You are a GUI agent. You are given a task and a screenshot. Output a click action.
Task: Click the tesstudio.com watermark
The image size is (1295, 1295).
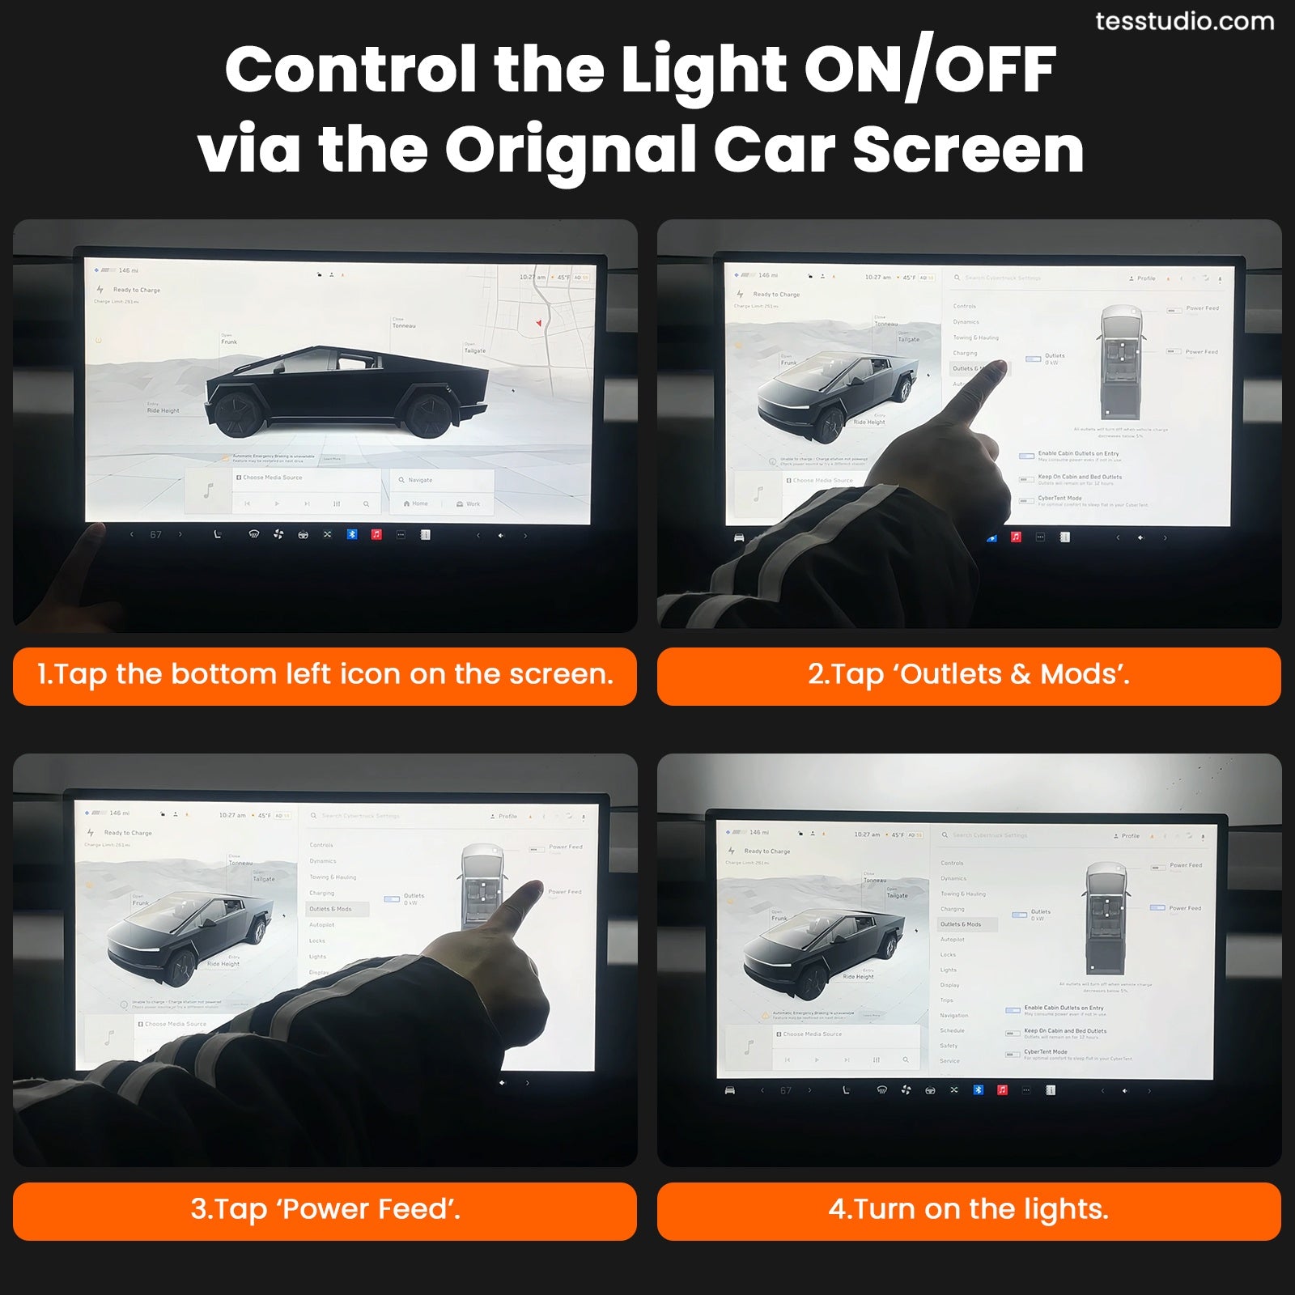(1184, 22)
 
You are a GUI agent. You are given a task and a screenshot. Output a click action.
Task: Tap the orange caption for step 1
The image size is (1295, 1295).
(325, 675)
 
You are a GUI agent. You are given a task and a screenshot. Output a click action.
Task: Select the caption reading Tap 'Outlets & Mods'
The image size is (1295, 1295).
(969, 675)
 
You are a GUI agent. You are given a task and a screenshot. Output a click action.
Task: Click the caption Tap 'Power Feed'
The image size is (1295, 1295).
(325, 1210)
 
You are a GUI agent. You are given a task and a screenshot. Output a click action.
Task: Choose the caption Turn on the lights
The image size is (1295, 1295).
(969, 1210)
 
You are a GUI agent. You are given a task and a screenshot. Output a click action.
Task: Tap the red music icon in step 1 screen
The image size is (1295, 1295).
(376, 534)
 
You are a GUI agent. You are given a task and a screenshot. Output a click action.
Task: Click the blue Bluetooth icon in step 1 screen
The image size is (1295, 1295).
(352, 534)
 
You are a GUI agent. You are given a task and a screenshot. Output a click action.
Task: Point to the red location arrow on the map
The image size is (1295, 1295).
(539, 323)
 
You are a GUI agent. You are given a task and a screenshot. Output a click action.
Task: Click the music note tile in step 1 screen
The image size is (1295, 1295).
(208, 490)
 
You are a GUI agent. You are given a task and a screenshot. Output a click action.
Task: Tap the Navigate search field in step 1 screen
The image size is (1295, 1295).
(441, 480)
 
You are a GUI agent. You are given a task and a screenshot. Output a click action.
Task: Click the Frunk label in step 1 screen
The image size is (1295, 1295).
(229, 342)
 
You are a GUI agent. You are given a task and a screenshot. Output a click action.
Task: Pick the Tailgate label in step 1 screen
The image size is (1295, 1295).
(475, 350)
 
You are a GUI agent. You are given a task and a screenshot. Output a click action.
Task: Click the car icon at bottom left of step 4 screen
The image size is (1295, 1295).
(729, 1090)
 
